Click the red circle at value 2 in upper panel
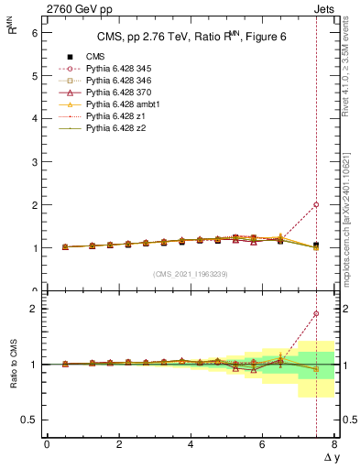(x=316, y=205)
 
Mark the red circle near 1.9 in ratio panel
(x=316, y=313)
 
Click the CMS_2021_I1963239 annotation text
(x=190, y=274)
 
